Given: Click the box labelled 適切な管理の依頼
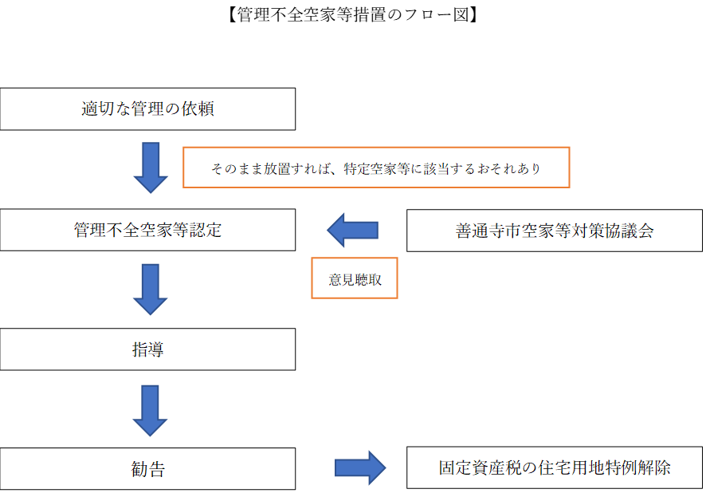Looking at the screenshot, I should click(147, 109).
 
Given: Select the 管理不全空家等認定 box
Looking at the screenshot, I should click(147, 231).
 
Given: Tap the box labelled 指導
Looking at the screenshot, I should click(147, 349).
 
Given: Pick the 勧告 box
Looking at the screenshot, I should click(147, 468).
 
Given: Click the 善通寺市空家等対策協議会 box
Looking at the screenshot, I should click(555, 231).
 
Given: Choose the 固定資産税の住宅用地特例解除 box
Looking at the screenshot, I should click(555, 468).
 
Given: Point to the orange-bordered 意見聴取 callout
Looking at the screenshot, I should click(355, 278).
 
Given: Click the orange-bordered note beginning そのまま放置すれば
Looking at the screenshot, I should click(377, 168).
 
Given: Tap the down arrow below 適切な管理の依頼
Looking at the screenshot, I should click(150, 167).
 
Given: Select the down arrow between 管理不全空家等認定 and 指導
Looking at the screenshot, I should click(150, 289).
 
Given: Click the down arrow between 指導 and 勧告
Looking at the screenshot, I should click(150, 409).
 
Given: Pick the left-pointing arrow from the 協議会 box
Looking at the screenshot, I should click(353, 231).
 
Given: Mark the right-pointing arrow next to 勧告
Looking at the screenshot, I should click(360, 468).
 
